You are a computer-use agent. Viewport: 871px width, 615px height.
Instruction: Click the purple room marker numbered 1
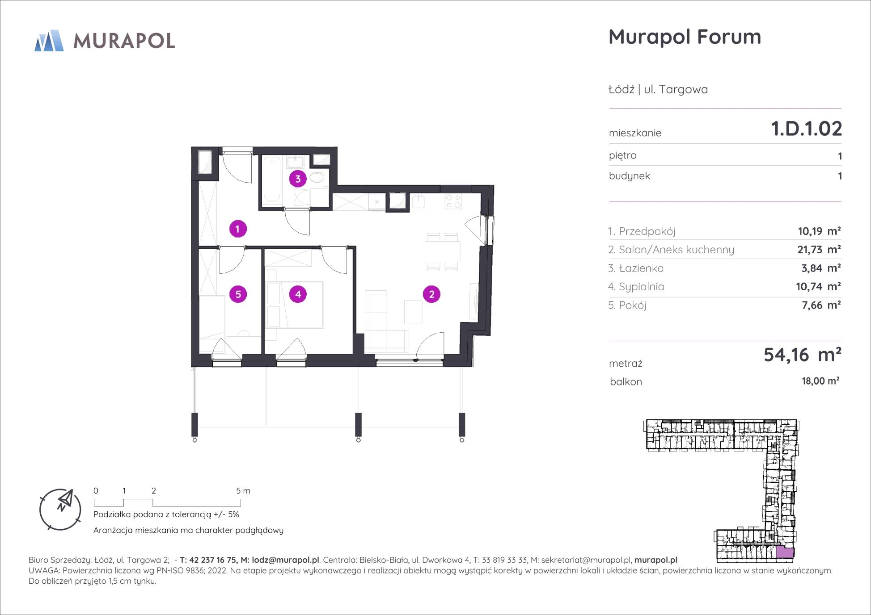click(x=238, y=229)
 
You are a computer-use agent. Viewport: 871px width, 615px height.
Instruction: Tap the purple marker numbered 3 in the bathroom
click(x=298, y=179)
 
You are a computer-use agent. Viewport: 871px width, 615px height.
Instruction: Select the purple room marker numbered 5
click(x=238, y=294)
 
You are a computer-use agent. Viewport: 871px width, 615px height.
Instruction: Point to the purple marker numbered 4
click(x=298, y=294)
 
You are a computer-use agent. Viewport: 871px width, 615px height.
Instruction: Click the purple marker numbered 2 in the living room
click(x=431, y=294)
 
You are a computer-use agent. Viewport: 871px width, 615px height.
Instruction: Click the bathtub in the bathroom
click(x=271, y=179)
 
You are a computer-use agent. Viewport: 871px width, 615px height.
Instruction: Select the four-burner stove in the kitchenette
click(x=453, y=202)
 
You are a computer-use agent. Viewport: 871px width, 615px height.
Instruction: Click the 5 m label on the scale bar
click(x=243, y=491)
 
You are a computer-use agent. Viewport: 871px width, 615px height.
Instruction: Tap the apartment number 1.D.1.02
click(x=807, y=129)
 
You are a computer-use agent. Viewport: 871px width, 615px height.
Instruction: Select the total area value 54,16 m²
click(x=803, y=355)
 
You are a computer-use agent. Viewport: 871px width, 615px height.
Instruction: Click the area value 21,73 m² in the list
click(x=819, y=250)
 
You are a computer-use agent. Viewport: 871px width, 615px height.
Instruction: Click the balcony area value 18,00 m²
click(x=820, y=381)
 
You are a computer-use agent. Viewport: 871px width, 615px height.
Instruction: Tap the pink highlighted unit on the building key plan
click(x=785, y=552)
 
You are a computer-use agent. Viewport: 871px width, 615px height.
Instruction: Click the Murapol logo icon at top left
click(x=49, y=41)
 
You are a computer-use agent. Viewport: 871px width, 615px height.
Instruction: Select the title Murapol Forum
click(x=685, y=37)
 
